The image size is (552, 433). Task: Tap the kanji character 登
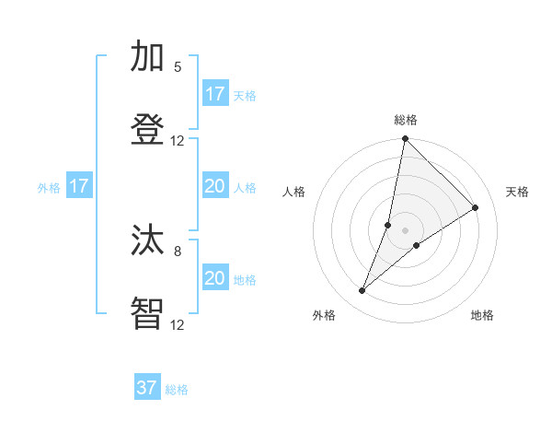[148, 129]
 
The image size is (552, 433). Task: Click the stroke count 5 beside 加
[178, 67]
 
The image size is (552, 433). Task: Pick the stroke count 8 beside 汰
[178, 250]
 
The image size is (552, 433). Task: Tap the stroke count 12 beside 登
[178, 140]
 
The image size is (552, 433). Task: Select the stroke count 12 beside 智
[178, 324]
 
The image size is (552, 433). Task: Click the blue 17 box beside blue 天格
[215, 94]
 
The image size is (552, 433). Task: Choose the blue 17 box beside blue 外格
[79, 186]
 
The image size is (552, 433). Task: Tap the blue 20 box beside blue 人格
[215, 186]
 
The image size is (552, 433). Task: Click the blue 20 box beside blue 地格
[215, 278]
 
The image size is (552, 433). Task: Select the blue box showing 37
[147, 388]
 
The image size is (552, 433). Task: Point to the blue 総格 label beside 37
[177, 390]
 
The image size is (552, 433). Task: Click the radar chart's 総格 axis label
[406, 120]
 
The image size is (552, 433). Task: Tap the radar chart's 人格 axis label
[294, 192]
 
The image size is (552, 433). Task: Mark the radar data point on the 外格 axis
[362, 291]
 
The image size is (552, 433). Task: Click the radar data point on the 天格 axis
[476, 208]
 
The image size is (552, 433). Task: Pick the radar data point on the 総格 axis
[405, 139]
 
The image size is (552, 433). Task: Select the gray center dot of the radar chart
[405, 230]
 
